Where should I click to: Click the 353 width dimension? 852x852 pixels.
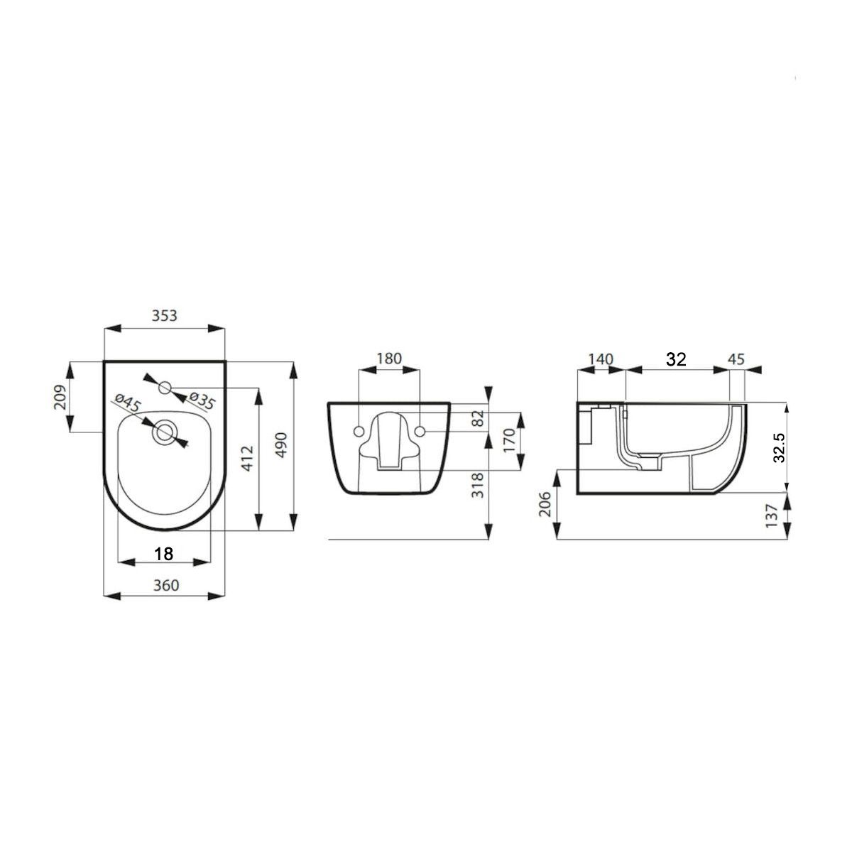[x=164, y=316]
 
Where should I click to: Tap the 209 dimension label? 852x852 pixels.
[x=60, y=397]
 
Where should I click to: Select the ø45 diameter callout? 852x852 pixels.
[x=127, y=403]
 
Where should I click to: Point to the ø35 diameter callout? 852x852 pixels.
[x=202, y=400]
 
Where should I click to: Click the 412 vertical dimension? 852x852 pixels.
[x=248, y=458]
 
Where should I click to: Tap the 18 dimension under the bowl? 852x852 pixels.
[x=163, y=553]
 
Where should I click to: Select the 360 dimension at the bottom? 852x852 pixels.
[x=166, y=585]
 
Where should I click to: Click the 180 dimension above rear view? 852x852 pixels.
[x=388, y=358]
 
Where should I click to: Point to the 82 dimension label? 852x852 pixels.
[x=478, y=418]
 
